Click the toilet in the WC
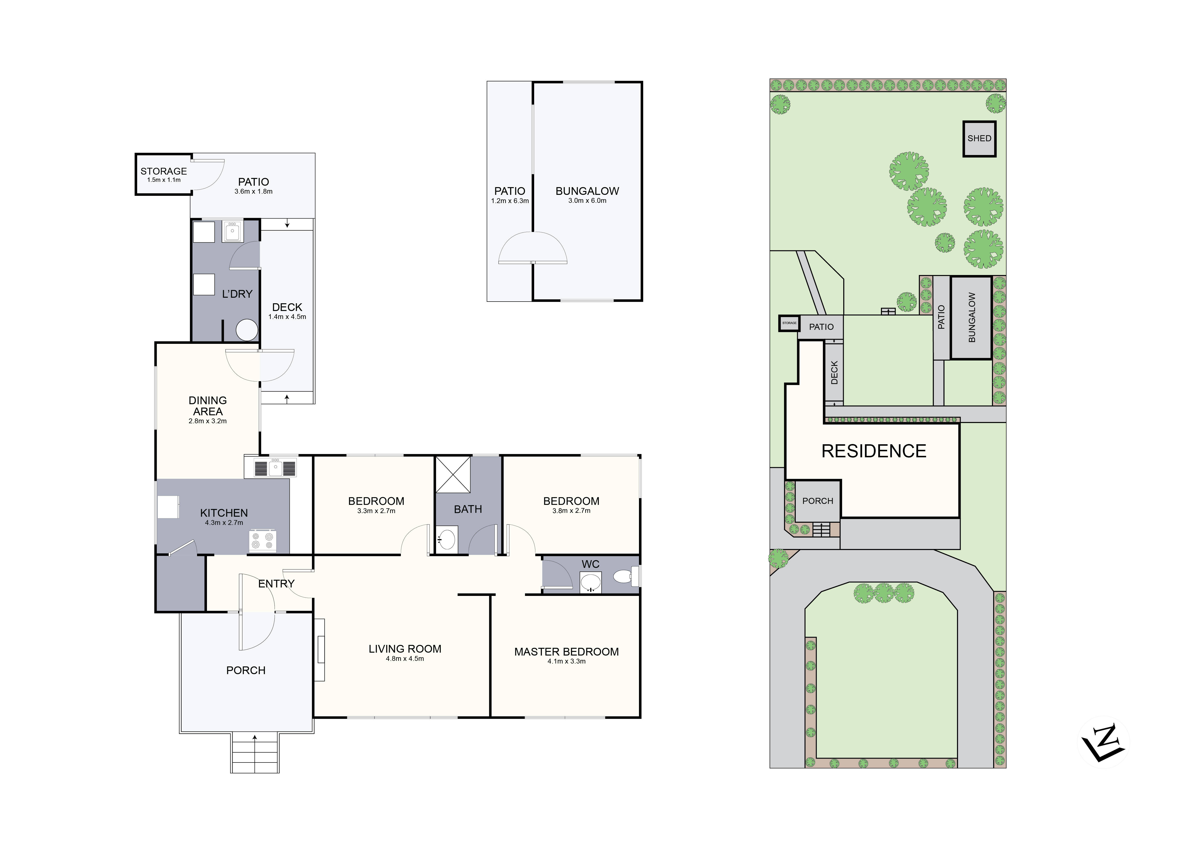(x=624, y=577)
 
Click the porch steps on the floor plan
(x=255, y=754)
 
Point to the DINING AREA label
(x=208, y=406)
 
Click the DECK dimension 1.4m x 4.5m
(x=287, y=317)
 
